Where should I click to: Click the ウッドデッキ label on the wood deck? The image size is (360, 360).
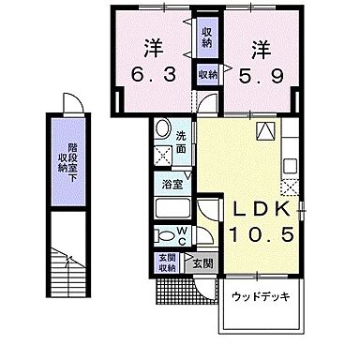[x=260, y=297]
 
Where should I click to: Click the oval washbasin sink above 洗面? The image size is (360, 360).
[x=161, y=130]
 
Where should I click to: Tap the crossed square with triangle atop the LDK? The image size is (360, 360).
[x=267, y=132]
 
